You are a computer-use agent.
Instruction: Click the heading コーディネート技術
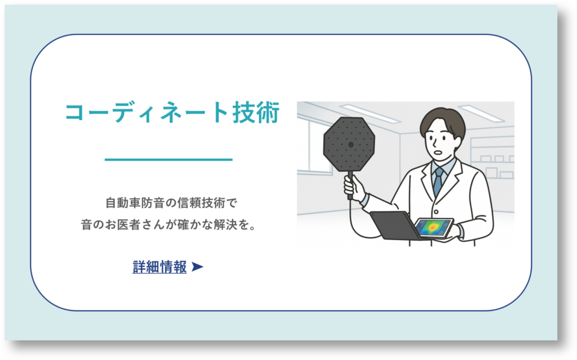(x=172, y=113)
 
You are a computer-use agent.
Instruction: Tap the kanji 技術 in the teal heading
(x=256, y=113)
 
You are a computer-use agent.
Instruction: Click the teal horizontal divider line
(x=168, y=159)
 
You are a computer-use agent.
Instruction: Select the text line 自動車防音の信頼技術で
(x=171, y=203)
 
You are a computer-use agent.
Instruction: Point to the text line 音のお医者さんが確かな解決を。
(x=168, y=225)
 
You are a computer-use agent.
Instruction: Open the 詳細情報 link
(x=159, y=267)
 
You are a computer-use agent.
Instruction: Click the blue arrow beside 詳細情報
(x=197, y=267)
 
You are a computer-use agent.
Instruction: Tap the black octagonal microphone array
(x=349, y=144)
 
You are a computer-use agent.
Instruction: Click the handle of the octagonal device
(x=350, y=185)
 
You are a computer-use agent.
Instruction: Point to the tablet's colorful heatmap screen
(x=433, y=226)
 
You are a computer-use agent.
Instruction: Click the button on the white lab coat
(x=436, y=212)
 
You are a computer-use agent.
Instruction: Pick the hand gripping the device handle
(x=354, y=187)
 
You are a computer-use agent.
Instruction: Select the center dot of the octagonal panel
(x=350, y=145)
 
